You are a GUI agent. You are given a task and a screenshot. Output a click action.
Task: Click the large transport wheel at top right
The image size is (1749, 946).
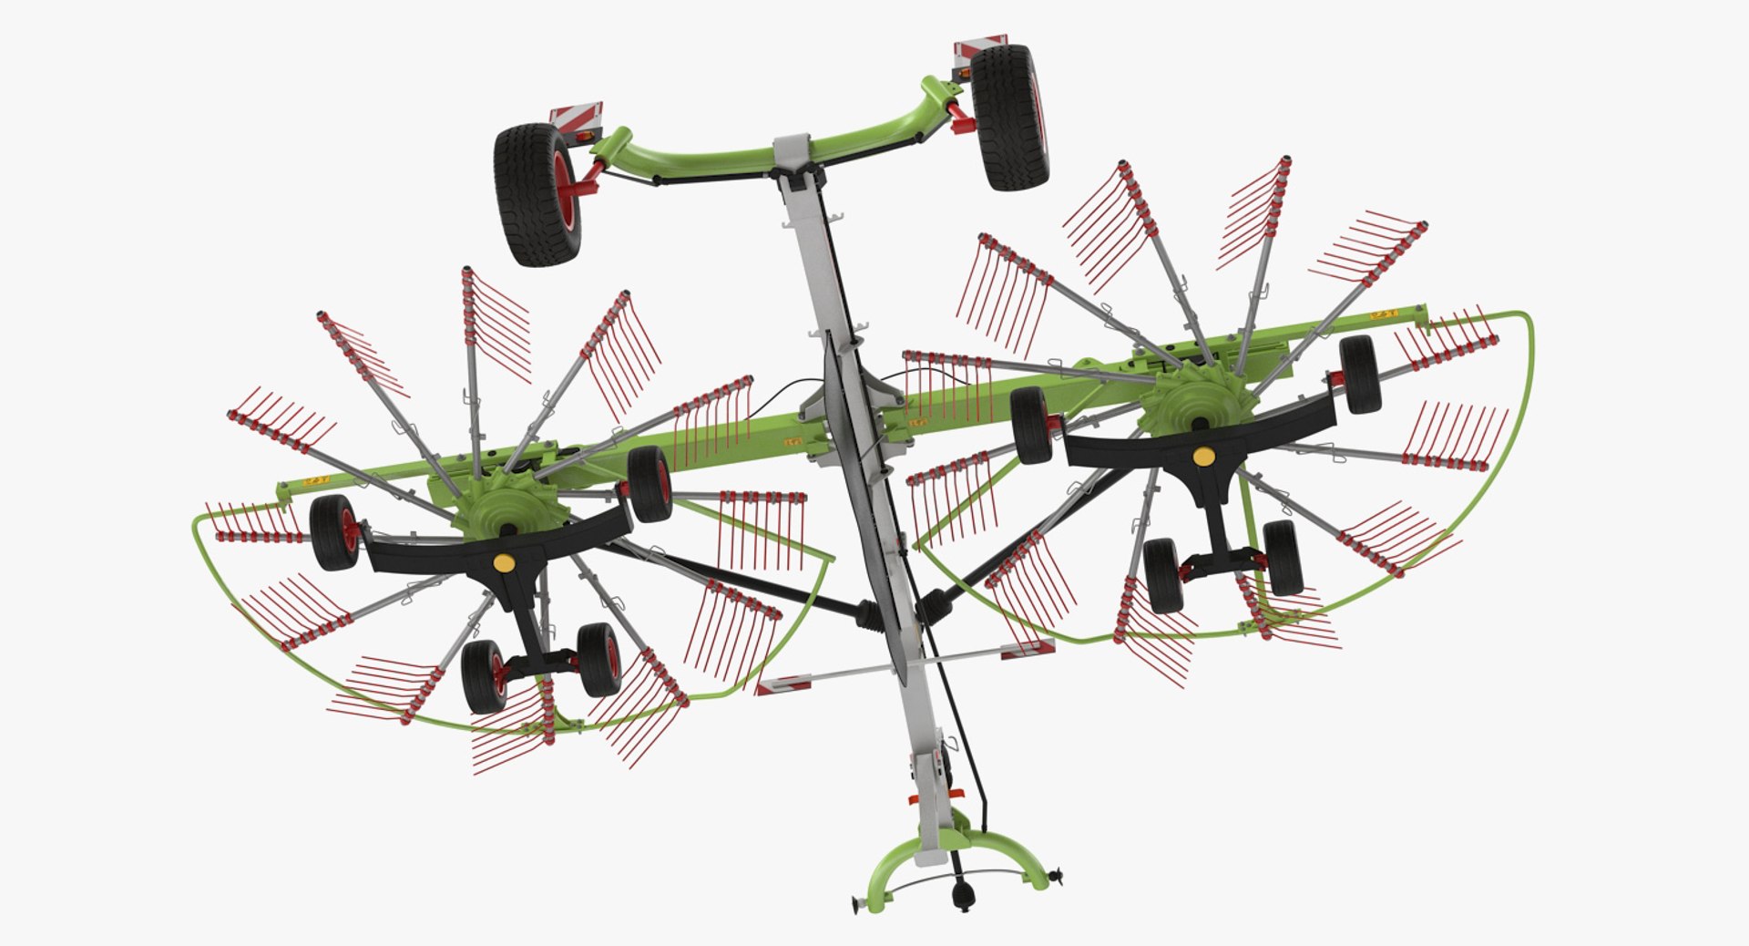click(x=1009, y=118)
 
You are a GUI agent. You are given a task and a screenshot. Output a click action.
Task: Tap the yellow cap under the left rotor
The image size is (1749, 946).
click(x=502, y=562)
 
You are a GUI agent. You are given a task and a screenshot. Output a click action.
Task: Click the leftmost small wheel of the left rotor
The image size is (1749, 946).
click(x=333, y=533)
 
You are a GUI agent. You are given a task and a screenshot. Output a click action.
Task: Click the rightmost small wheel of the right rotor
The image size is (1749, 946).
click(x=1359, y=374)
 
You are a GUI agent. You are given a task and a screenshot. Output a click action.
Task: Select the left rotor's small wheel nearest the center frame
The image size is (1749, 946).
click(x=649, y=484)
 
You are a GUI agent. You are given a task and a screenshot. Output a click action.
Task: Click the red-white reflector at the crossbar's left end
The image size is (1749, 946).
click(x=780, y=684)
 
